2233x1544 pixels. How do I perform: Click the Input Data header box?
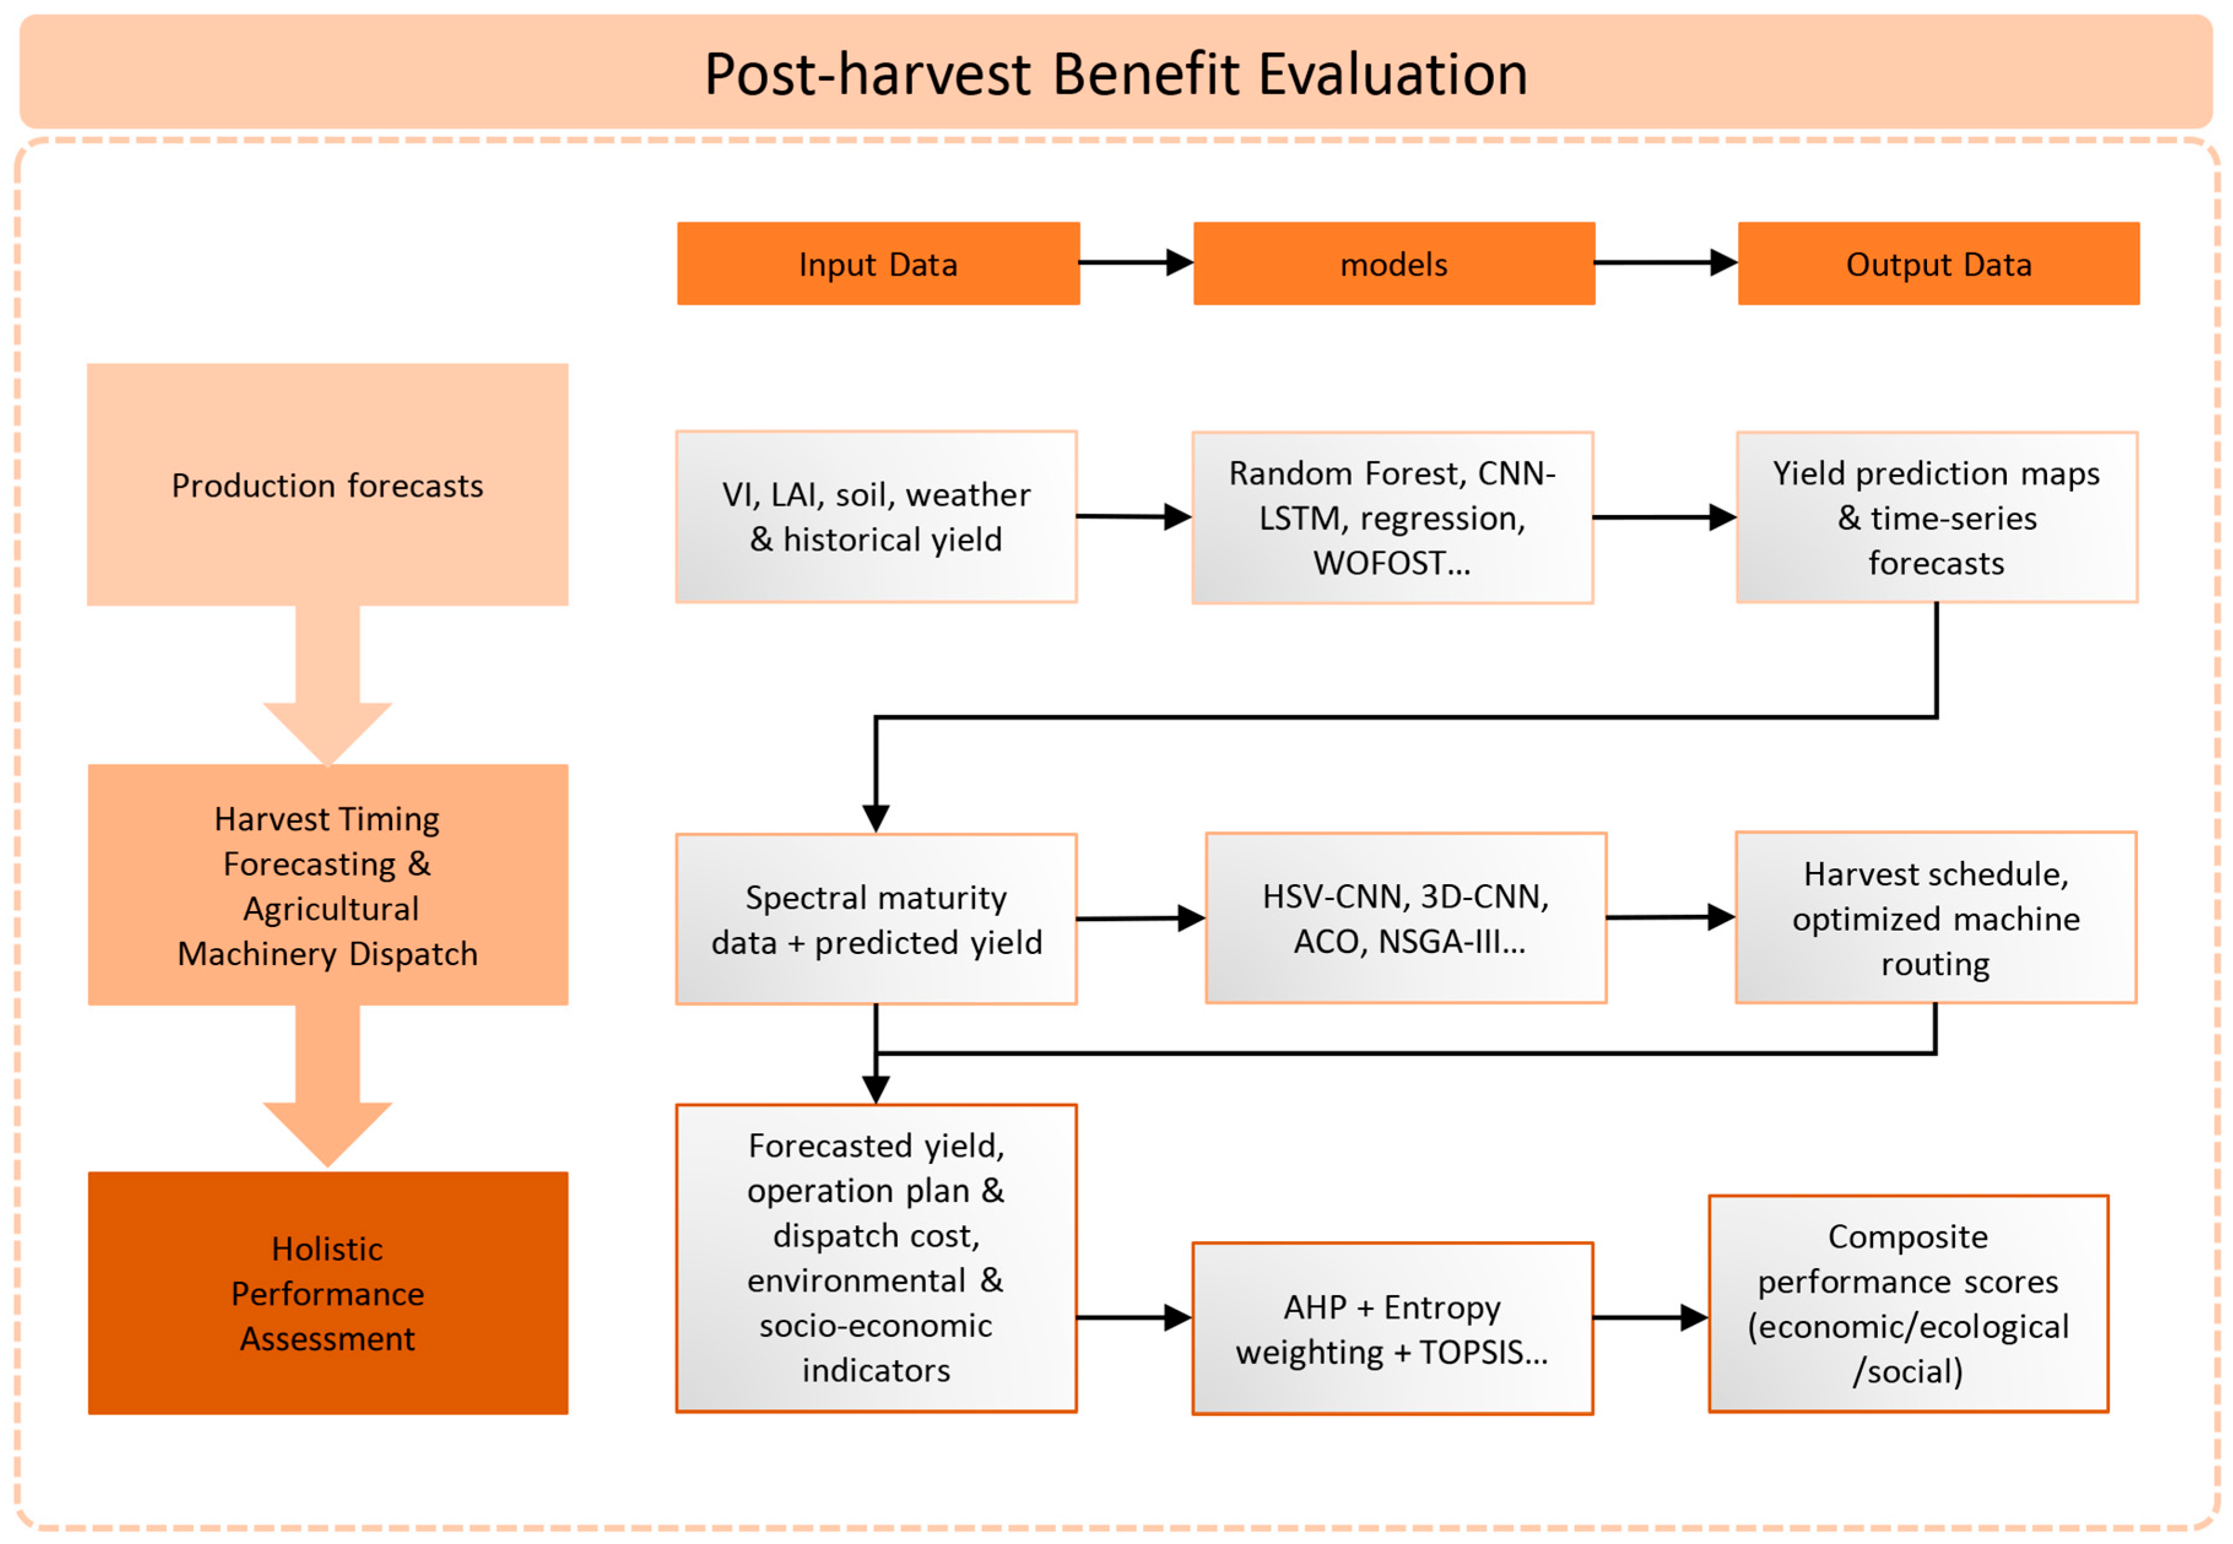(x=878, y=264)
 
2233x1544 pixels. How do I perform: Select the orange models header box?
(x=1393, y=264)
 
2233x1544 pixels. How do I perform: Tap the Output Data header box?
(x=1938, y=264)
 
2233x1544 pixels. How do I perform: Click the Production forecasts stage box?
(x=327, y=484)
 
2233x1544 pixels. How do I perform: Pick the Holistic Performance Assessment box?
(x=327, y=1293)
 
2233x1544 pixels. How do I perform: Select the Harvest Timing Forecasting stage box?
(x=327, y=885)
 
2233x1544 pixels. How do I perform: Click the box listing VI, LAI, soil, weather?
(x=876, y=516)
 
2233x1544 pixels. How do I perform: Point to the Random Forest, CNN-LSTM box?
(x=1392, y=518)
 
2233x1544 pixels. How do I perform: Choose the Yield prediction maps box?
(x=1936, y=518)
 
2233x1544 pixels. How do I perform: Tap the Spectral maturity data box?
(x=876, y=919)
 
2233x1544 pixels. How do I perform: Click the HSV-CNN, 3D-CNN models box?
(x=1405, y=918)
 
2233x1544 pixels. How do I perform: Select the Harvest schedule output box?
(x=1935, y=917)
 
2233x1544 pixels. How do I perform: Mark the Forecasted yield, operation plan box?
(x=876, y=1258)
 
